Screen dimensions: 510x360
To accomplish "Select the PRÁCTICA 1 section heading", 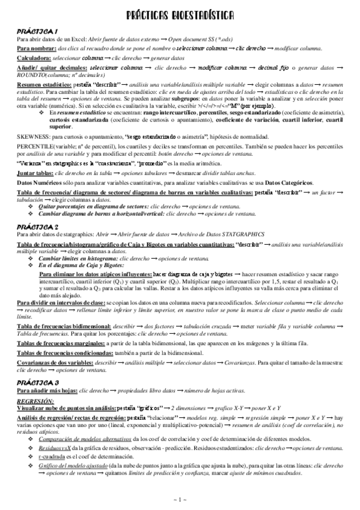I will [37, 31].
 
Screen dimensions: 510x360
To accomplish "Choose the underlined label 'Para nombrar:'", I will [37, 47].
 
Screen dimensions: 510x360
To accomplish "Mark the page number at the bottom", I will [180, 499].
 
